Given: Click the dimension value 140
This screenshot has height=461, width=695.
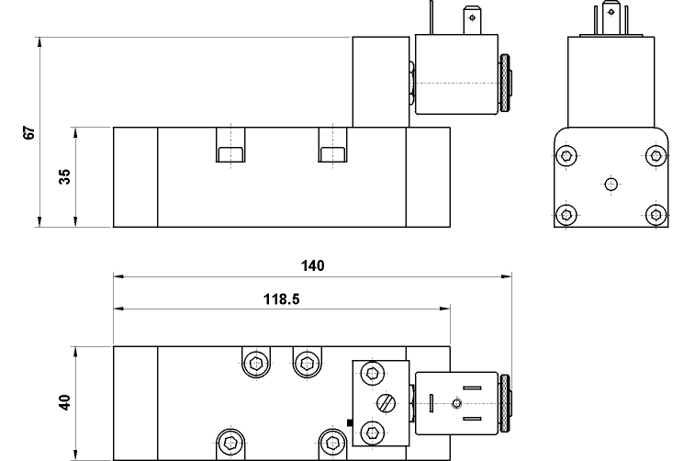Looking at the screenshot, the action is tap(312, 265).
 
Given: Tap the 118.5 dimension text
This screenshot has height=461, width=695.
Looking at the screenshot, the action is tap(282, 299).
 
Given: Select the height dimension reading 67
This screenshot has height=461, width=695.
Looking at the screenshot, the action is tap(28, 132).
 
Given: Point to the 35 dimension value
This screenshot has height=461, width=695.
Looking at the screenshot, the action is tap(64, 176).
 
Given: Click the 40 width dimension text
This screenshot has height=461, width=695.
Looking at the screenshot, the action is tap(64, 402).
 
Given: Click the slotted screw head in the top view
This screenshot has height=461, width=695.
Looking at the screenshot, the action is tap(387, 403).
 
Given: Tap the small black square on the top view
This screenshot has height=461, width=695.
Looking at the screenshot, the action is tap(349, 422).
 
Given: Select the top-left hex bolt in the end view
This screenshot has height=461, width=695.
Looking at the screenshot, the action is tap(566, 155).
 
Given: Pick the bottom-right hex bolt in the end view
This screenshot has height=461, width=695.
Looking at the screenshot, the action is tap(656, 215).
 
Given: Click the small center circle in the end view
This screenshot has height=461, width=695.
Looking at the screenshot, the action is tap(611, 184).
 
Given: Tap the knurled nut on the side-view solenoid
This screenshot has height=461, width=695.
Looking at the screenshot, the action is tap(504, 83).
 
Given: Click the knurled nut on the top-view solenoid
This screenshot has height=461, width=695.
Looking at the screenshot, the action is tap(504, 403).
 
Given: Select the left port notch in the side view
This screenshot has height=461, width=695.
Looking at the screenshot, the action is tap(230, 144).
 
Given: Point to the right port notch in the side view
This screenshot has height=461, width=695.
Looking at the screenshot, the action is tap(332, 144).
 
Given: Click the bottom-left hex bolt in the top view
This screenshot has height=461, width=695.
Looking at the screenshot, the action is tap(230, 442).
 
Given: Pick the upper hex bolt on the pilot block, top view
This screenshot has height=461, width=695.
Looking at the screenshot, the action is tap(373, 373).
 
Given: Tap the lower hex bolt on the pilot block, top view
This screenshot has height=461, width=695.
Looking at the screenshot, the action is tap(373, 433).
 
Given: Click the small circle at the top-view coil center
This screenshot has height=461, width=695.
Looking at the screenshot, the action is tap(457, 403).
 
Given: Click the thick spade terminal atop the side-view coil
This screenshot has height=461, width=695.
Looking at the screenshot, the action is tap(472, 20).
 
